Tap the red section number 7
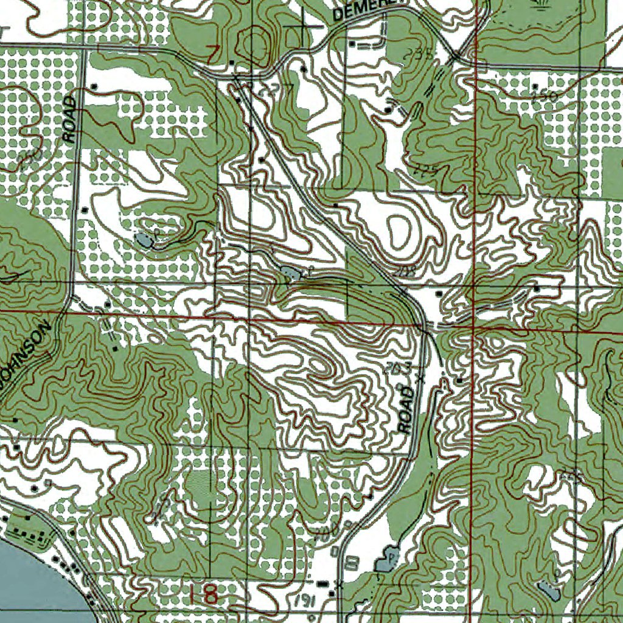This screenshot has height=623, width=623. click(x=212, y=54)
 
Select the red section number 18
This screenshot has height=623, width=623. click(x=203, y=594)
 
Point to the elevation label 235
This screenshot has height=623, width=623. click(x=420, y=55)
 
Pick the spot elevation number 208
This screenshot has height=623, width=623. click(x=404, y=273)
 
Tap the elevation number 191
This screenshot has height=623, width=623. click(x=302, y=600)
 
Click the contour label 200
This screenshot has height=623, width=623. click(x=327, y=535)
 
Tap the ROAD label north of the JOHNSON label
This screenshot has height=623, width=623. click(x=71, y=119)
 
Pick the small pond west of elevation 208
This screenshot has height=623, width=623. click(x=290, y=273)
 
